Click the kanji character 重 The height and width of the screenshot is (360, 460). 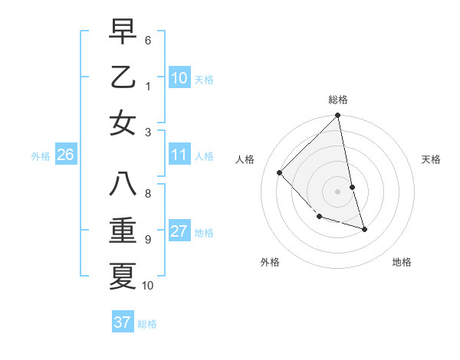(x=123, y=231)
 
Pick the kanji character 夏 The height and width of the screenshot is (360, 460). (x=123, y=276)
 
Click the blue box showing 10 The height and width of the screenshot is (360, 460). (x=179, y=77)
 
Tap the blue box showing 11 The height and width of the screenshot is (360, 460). (x=179, y=155)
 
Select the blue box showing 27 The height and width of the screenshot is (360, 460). (x=179, y=232)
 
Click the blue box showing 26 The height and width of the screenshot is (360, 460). (x=65, y=155)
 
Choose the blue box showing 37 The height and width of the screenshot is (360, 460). (x=122, y=322)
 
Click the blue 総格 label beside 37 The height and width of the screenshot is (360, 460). (x=147, y=324)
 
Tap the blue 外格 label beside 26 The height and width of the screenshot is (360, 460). (x=41, y=156)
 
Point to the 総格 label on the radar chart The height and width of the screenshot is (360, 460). (x=338, y=100)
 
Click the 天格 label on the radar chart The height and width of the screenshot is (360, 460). (x=432, y=159)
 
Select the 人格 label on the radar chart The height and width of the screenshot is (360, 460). (x=245, y=159)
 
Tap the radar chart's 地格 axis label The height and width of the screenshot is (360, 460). (x=402, y=262)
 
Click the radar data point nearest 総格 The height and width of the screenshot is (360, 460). (x=338, y=116)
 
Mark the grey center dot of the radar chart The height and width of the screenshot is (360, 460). (x=338, y=191)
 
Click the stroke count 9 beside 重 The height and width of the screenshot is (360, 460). (x=147, y=239)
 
